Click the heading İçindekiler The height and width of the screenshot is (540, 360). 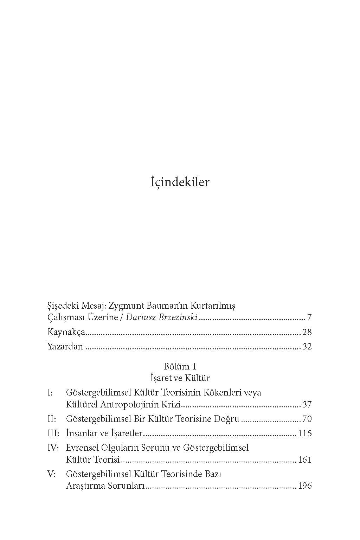pos(180,182)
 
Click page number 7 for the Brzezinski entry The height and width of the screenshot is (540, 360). pos(309,318)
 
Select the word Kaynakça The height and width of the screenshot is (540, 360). pos(66,332)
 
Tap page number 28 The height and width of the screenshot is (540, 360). pos(307,332)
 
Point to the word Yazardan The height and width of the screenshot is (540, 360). pos(65,346)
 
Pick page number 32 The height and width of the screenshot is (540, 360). pos(307,346)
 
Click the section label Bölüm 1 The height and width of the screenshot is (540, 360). pos(180,366)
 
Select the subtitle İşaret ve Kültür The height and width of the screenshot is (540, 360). pos(180,378)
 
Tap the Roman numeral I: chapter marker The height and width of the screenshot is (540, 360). pos(50,392)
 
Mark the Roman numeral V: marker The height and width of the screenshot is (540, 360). pos(51,474)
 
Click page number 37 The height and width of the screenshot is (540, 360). pos(307,405)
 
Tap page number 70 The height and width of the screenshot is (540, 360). pos(307,419)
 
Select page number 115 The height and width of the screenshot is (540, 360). pos(305,433)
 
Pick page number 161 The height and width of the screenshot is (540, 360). pos(305,460)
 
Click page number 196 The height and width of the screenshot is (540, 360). pos(305,486)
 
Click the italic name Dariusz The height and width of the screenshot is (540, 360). pos(140,318)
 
